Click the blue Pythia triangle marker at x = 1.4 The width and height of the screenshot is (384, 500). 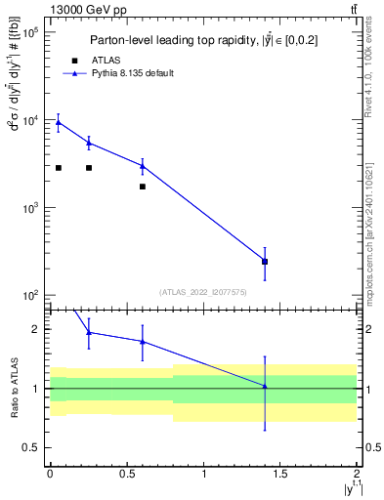265,261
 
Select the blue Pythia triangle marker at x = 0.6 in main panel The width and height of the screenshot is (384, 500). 143,166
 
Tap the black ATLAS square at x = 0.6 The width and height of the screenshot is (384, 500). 143,187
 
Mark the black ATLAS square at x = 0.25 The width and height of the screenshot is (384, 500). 89,168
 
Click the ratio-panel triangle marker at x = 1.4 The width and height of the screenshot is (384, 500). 265,387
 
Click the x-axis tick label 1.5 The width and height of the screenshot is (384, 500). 280,474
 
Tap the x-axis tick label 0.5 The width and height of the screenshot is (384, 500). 126,474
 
